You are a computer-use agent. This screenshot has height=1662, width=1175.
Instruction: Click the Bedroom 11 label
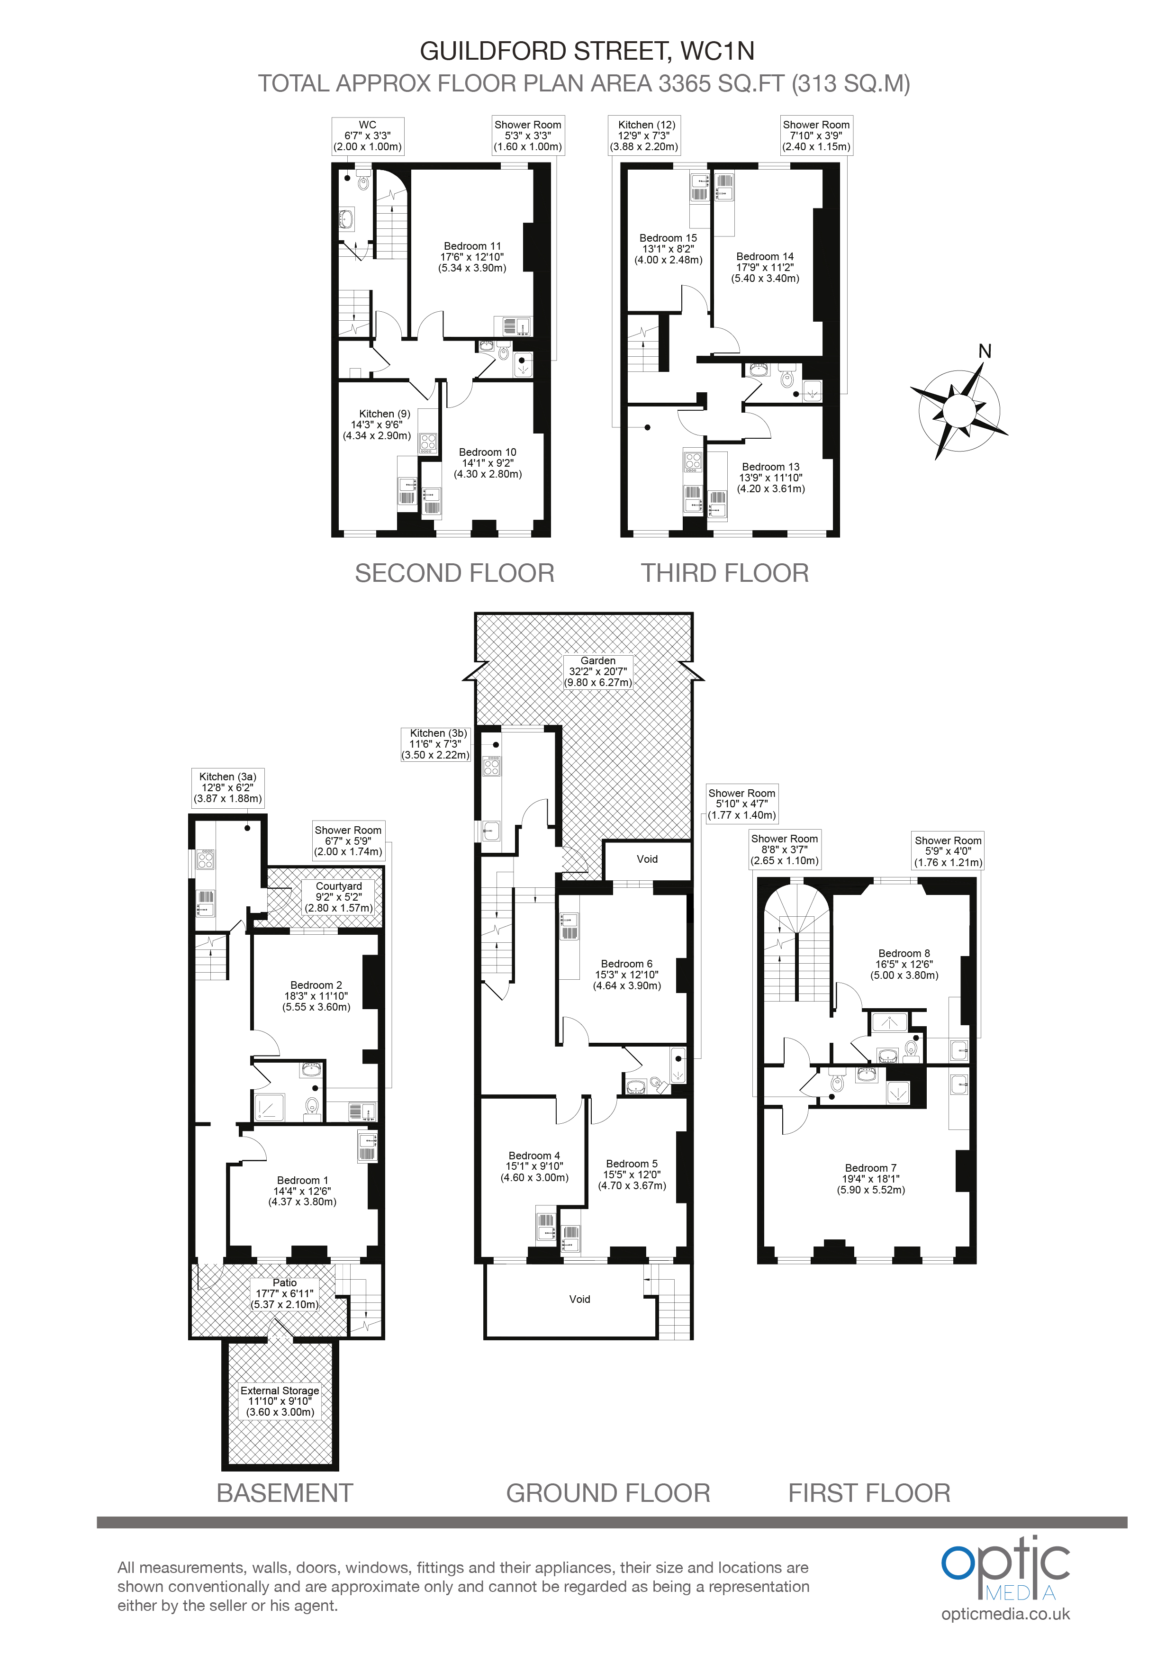472,257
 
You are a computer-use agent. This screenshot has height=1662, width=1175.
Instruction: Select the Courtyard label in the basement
339,896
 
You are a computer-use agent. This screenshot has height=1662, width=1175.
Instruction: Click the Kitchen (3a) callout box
227,787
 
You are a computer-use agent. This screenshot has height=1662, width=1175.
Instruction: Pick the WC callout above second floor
367,135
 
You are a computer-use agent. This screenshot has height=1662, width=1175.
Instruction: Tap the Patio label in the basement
285,1293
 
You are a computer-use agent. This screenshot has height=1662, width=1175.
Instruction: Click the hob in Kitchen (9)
428,443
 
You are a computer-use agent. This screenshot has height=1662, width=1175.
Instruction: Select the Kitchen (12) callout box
647,135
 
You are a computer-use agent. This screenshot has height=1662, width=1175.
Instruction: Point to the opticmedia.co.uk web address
1005,1614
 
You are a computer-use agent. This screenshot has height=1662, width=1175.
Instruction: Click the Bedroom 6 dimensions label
627,980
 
